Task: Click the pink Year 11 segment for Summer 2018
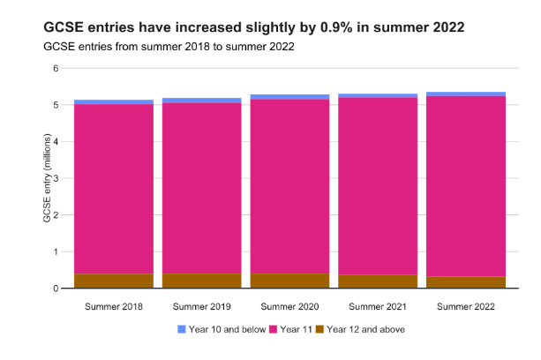[114, 189]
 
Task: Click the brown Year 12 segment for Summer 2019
[202, 281]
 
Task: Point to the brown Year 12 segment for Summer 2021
[378, 281]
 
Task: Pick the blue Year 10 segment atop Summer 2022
[465, 94]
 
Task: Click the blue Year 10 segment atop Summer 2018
[114, 102]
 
